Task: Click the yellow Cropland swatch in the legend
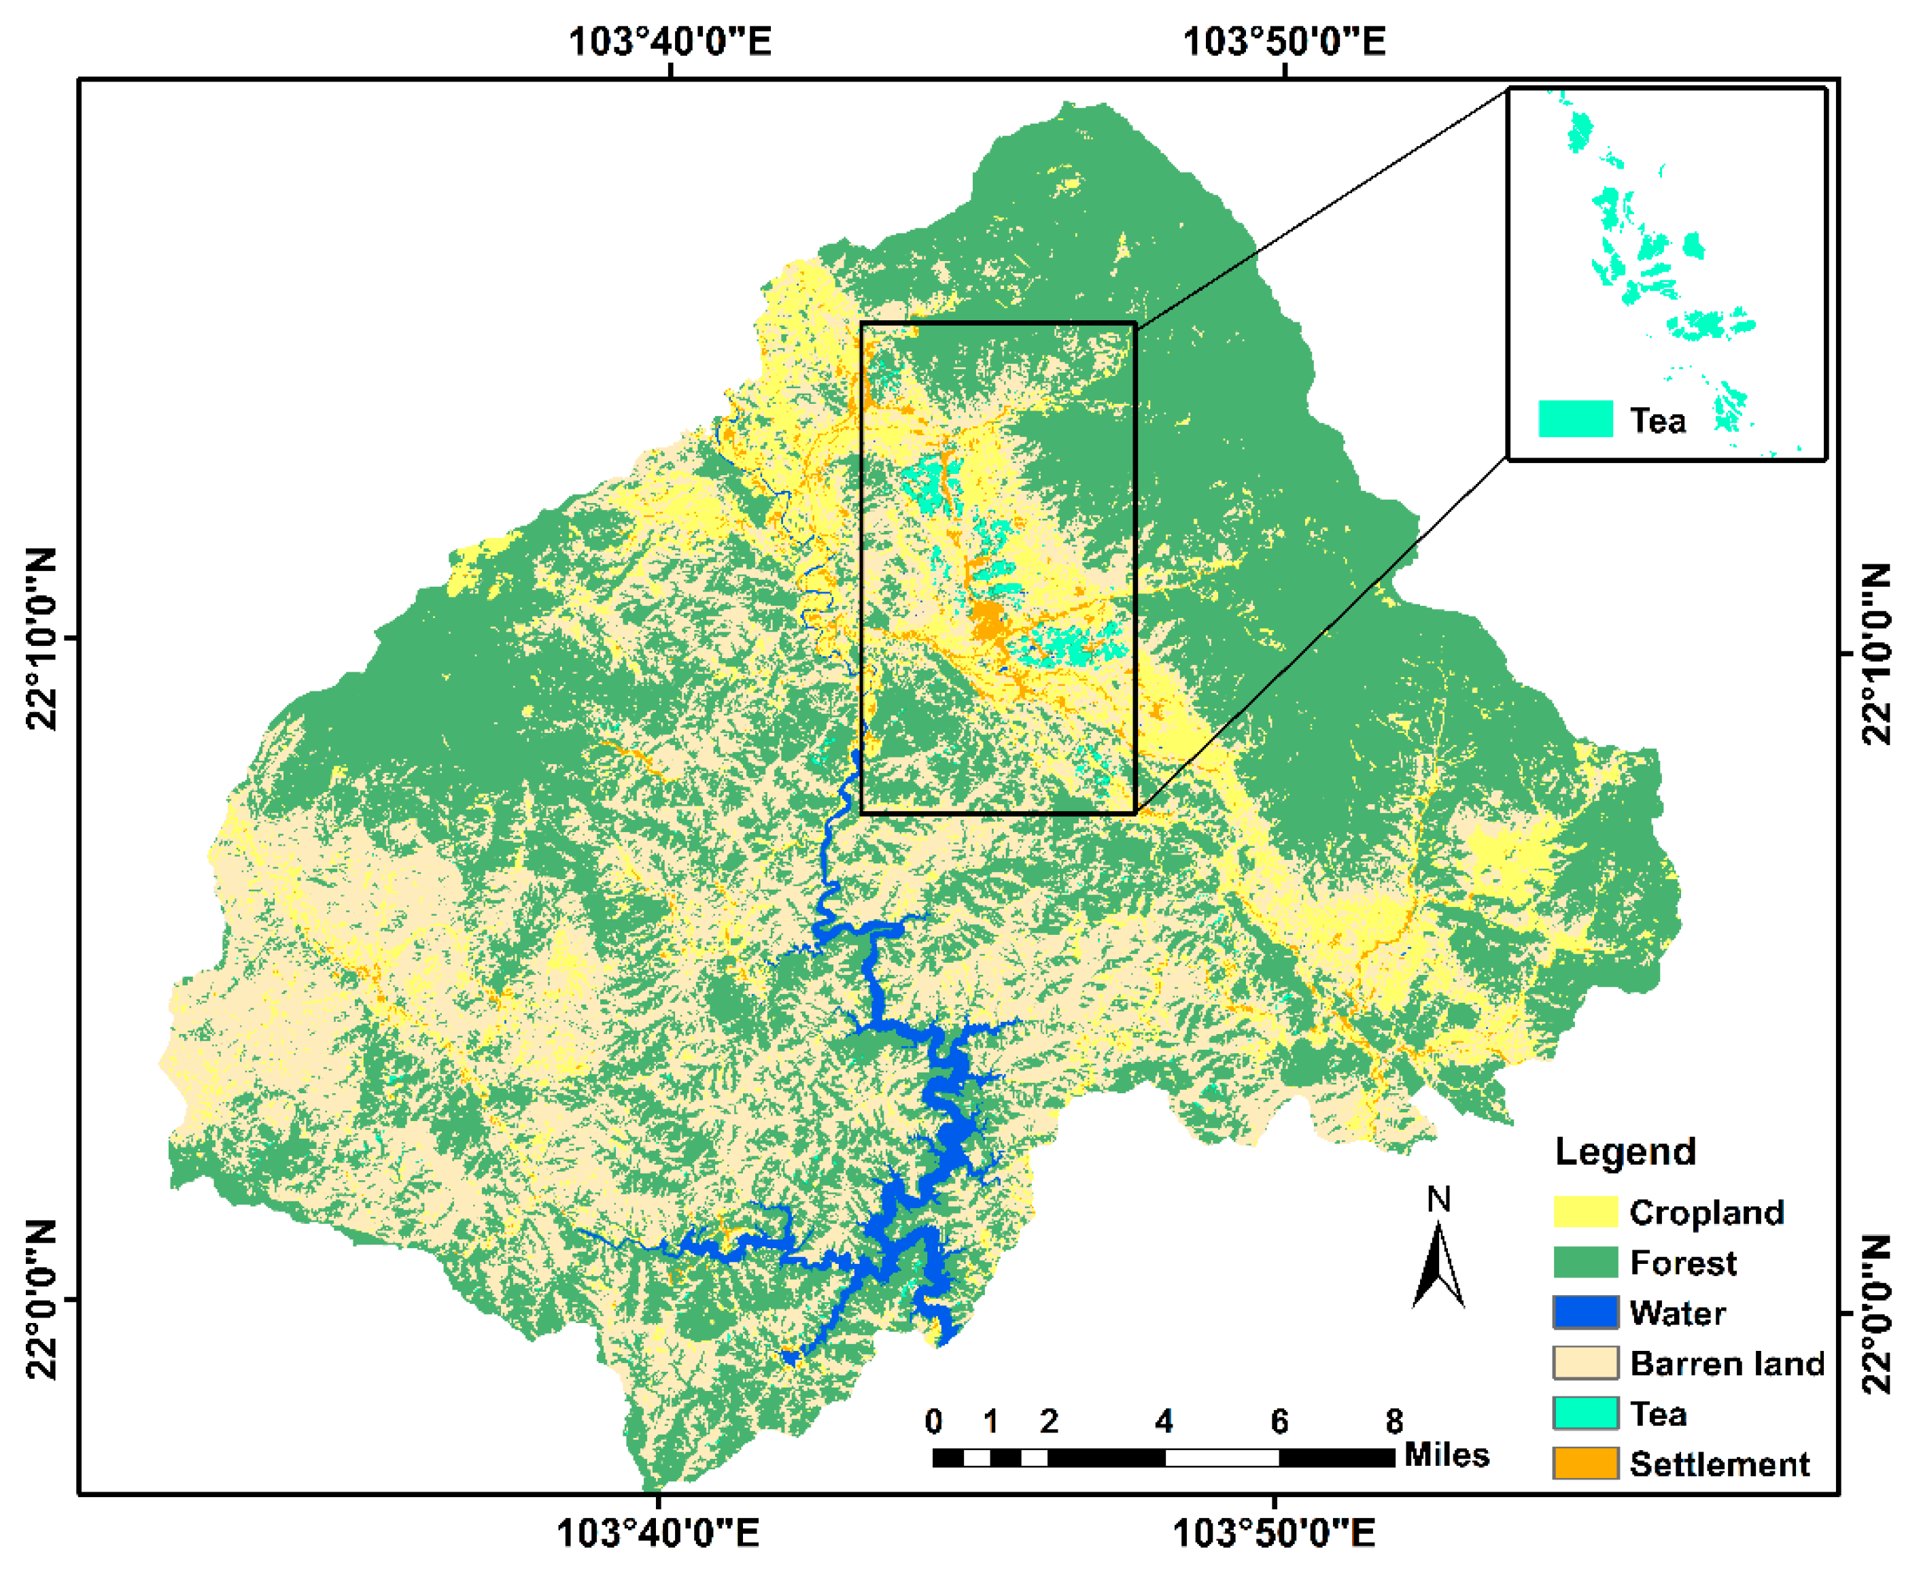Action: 1585,1212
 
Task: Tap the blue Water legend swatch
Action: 1585,1312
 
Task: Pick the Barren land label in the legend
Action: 1727,1363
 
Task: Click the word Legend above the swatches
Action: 1625,1151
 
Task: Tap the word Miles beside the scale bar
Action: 1446,1454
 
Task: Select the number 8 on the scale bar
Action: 1394,1422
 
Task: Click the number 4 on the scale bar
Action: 1164,1422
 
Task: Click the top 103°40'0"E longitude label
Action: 670,41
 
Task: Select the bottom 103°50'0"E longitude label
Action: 1273,1534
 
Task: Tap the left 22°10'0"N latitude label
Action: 41,639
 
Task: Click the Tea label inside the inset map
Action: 1657,420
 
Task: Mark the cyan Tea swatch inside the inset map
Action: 1575,419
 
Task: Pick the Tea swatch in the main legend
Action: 1585,1413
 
